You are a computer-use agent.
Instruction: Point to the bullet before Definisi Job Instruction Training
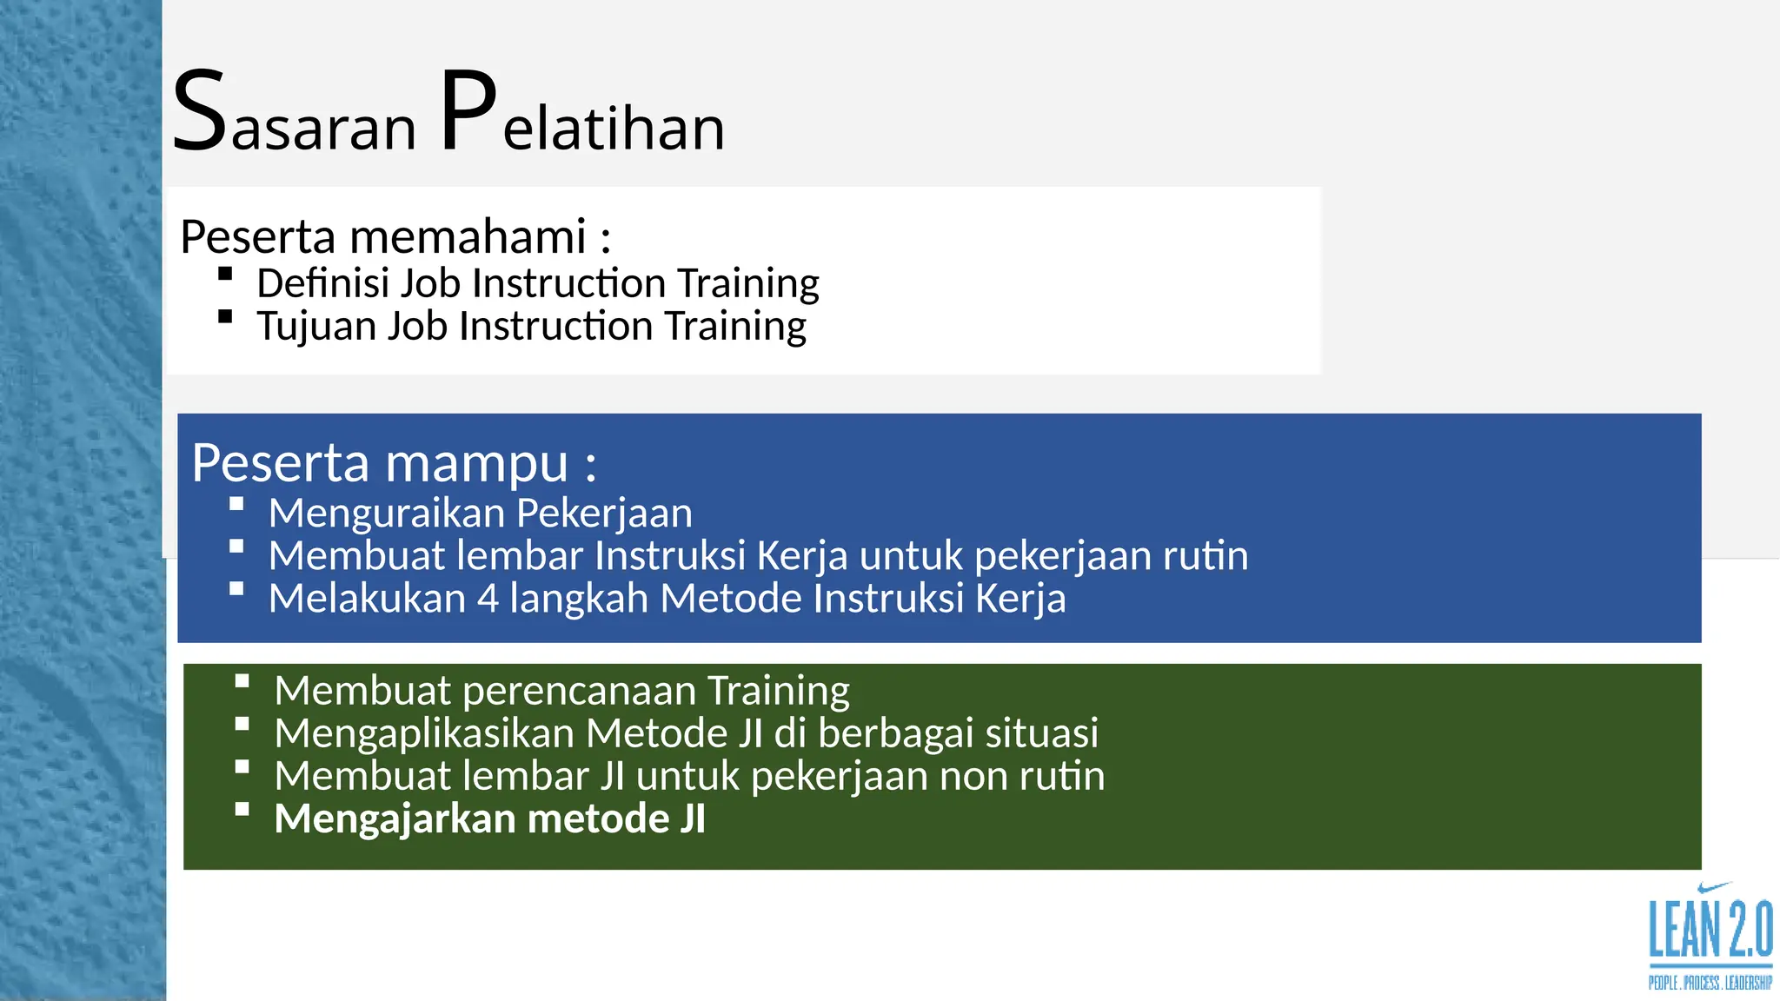point(225,275)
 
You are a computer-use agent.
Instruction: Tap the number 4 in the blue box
point(488,599)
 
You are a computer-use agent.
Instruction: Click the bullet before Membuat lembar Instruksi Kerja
point(236,547)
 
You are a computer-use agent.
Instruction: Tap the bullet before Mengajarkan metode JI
point(242,810)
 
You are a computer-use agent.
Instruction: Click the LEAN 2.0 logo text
point(1710,931)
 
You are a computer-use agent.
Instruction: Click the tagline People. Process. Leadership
point(1710,983)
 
